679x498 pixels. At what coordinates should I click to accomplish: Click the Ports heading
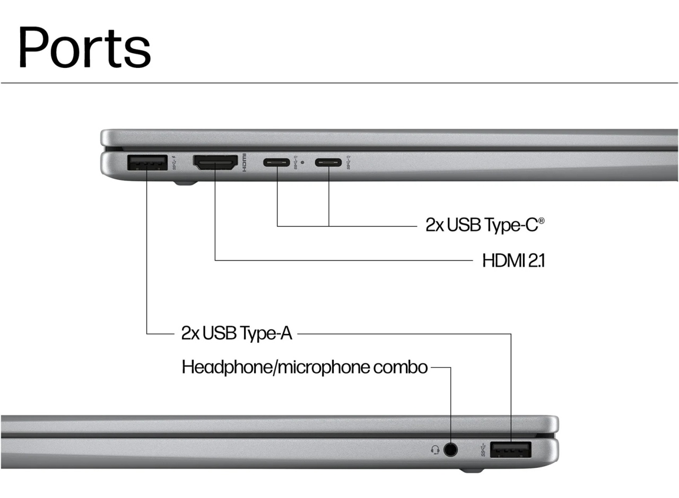click(84, 47)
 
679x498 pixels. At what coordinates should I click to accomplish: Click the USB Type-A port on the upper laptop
click(147, 162)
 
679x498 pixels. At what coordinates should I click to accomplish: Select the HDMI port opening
click(215, 163)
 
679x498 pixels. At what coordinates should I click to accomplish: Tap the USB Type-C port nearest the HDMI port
click(276, 162)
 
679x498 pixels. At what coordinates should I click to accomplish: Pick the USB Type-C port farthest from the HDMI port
click(328, 162)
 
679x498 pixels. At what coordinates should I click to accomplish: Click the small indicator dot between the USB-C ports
click(302, 162)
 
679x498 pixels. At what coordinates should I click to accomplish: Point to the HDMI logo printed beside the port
click(244, 163)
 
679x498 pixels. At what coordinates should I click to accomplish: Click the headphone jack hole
click(450, 449)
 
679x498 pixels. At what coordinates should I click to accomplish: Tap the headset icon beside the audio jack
click(436, 450)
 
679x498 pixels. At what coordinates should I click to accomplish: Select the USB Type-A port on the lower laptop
click(511, 450)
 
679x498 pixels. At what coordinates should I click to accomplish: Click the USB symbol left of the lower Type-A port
click(483, 450)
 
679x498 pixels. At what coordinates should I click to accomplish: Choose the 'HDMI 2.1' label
click(513, 261)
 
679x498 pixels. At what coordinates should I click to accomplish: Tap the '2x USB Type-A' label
click(237, 334)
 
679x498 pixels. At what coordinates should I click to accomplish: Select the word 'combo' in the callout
click(401, 367)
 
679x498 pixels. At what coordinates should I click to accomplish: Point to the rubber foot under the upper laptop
click(186, 183)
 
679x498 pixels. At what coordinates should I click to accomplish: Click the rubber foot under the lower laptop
click(472, 471)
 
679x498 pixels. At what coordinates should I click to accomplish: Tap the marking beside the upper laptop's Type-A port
click(175, 162)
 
